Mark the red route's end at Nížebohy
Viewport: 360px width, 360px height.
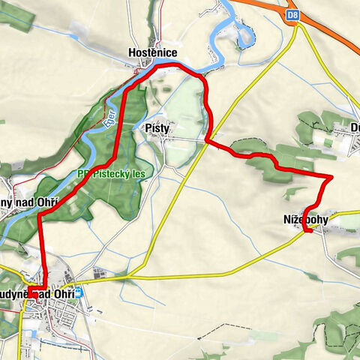tap(307, 232)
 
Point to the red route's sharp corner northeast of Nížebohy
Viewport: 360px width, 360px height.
tap(331, 177)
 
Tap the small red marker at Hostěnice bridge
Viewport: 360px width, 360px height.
tap(136, 72)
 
